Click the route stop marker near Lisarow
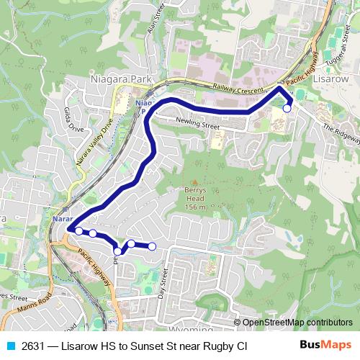pos(287,109)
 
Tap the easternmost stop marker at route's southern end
pos(152,247)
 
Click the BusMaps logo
pos(325,346)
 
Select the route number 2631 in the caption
pos(34,346)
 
